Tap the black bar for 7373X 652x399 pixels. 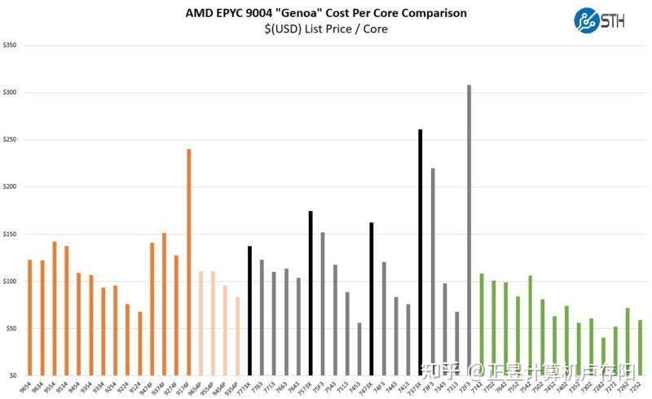(420, 252)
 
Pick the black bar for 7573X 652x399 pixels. (311, 293)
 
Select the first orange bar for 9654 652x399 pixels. (30, 318)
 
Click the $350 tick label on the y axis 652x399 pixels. (11, 46)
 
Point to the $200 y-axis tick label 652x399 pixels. (11, 187)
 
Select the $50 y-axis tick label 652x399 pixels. (11, 329)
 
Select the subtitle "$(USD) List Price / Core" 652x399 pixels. (326, 29)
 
